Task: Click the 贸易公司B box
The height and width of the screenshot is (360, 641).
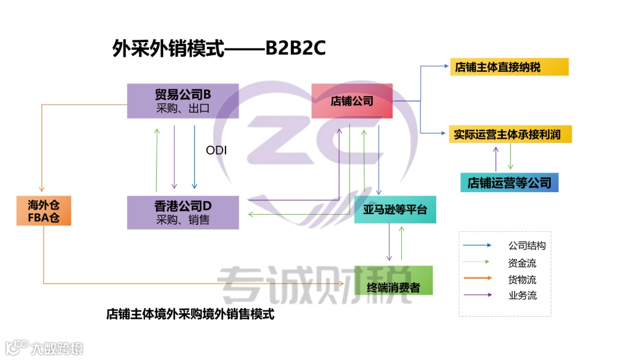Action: (x=183, y=101)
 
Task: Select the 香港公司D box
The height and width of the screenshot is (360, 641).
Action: (x=183, y=212)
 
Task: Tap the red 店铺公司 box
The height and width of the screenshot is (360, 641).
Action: (x=352, y=101)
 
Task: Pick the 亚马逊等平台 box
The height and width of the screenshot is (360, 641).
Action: (x=395, y=209)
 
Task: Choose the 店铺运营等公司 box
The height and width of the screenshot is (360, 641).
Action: (x=509, y=183)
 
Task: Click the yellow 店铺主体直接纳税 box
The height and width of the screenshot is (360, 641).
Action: (x=509, y=67)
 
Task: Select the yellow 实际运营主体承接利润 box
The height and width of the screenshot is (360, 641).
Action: (x=510, y=135)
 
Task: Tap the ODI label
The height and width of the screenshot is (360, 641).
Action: (x=217, y=151)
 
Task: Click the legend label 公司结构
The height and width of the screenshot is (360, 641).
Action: (x=526, y=246)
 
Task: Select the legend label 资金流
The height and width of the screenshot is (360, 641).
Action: (x=522, y=262)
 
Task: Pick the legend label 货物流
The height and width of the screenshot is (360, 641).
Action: (x=522, y=279)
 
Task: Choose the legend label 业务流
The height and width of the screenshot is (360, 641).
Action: (x=522, y=295)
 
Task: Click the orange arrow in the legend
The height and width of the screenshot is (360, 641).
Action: (x=477, y=278)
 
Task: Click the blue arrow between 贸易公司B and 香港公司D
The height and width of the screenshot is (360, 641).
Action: (x=194, y=157)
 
